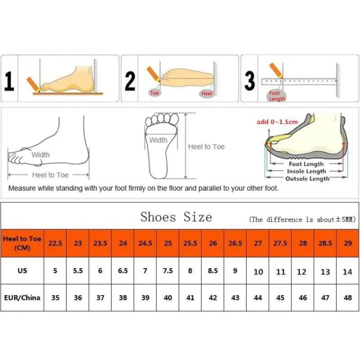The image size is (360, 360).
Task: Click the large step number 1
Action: [9, 81]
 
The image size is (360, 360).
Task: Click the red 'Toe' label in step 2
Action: [154, 93]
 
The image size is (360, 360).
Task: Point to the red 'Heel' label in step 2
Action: [207, 93]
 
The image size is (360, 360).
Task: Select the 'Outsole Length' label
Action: [308, 179]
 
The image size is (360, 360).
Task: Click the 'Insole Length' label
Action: [307, 171]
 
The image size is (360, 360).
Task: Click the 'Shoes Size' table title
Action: [176, 217]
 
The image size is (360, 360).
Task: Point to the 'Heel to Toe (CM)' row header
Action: [22, 243]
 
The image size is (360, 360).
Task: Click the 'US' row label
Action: [22, 271]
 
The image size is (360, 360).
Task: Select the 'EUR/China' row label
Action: [22, 297]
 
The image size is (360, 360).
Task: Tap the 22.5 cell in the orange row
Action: [55, 243]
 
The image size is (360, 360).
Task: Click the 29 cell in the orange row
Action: [347, 243]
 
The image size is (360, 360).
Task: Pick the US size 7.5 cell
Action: [168, 271]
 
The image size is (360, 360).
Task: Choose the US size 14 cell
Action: [347, 272]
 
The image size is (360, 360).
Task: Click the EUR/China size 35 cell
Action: [55, 297]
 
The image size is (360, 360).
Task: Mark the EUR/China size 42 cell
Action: [213, 297]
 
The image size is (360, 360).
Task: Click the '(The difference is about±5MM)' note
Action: [302, 220]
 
